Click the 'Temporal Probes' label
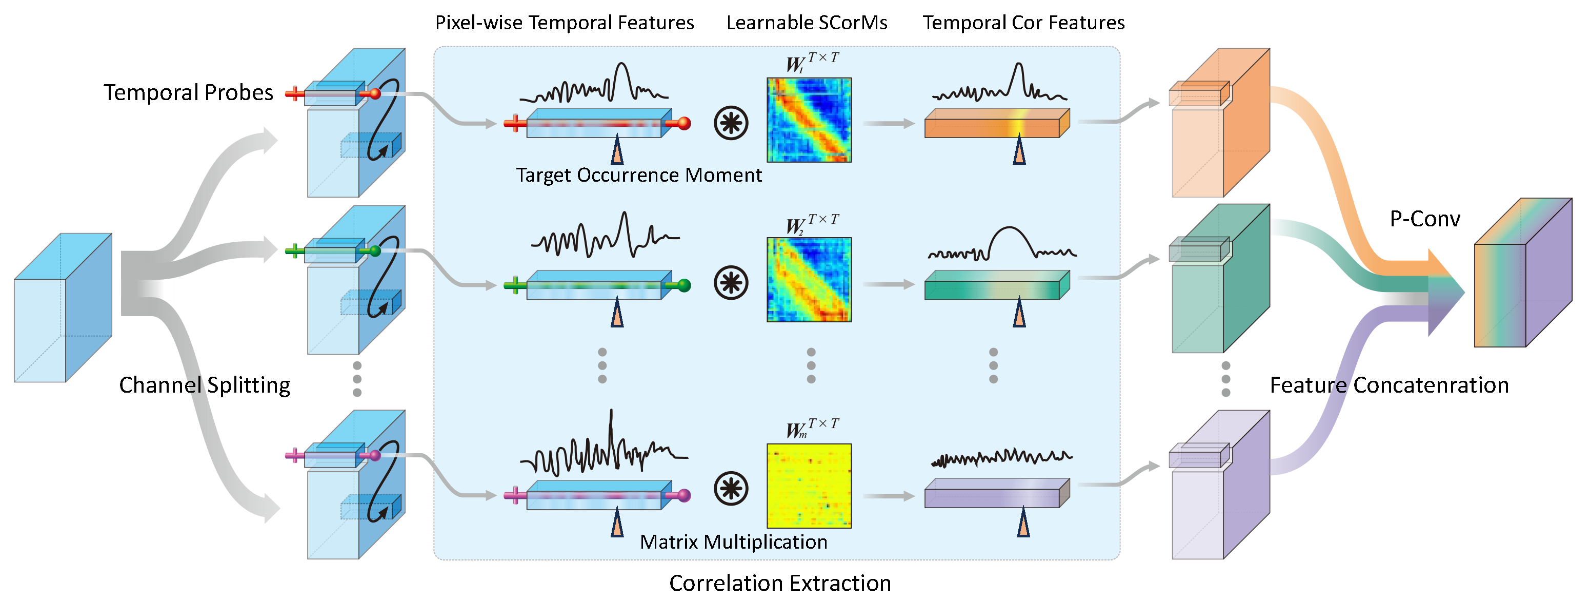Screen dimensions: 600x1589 pyautogui.click(x=188, y=92)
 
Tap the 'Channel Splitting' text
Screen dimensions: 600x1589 pyautogui.click(x=204, y=385)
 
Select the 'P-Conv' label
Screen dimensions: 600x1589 pyautogui.click(x=1425, y=219)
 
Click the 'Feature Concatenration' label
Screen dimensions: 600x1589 pyautogui.click(x=1389, y=385)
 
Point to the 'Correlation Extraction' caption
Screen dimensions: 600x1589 pyautogui.click(x=780, y=583)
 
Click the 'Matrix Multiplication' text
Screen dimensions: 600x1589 pyautogui.click(x=733, y=542)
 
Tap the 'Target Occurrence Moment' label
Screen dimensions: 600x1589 pyautogui.click(x=638, y=176)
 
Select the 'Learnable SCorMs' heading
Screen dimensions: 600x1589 pyautogui.click(x=806, y=23)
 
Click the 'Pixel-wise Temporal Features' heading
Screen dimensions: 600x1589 pyautogui.click(x=565, y=23)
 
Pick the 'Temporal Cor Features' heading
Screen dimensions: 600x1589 pyautogui.click(x=1023, y=23)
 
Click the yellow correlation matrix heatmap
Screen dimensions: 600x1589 pyautogui.click(x=809, y=486)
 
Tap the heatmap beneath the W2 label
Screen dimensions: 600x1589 pyautogui.click(x=809, y=280)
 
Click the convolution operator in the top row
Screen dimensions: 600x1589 pyautogui.click(x=731, y=123)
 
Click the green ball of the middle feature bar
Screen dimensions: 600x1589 pyautogui.click(x=683, y=285)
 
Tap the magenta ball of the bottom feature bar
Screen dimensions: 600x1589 pyautogui.click(x=683, y=495)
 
